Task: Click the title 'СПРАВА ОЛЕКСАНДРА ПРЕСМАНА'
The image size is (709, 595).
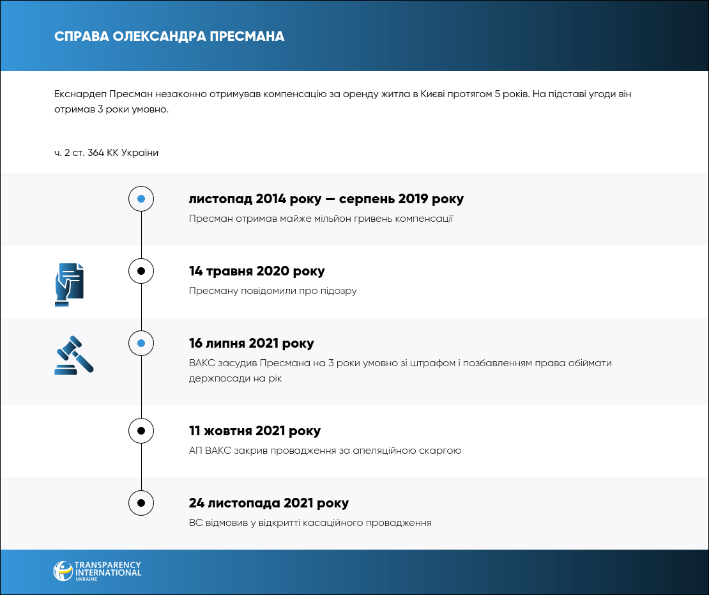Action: (169, 36)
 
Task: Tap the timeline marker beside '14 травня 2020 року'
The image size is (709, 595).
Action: (141, 271)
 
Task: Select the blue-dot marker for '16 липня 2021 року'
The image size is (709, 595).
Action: (141, 343)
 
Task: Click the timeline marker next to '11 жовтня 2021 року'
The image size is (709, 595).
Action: (141, 431)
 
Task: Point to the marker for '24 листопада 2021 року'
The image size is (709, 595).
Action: (141, 503)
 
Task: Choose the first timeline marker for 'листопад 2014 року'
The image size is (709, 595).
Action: (141, 199)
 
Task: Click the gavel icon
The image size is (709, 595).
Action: (73, 355)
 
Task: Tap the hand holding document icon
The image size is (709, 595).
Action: (69, 284)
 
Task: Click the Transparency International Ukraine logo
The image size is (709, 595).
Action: (97, 571)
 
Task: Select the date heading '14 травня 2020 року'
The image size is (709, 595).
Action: (257, 271)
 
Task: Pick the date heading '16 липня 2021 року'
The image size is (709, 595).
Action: (252, 343)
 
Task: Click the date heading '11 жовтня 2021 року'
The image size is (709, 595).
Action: (255, 431)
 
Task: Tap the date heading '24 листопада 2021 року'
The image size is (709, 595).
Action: (269, 503)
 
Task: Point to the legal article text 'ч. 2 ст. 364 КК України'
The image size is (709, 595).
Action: (106, 153)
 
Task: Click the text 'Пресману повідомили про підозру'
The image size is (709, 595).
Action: (273, 291)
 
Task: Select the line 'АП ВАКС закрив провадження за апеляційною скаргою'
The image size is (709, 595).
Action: (325, 451)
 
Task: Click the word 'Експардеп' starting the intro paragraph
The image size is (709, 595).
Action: (80, 94)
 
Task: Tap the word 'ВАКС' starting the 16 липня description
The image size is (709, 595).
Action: (202, 363)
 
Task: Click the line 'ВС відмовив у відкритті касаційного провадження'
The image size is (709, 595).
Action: (310, 523)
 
